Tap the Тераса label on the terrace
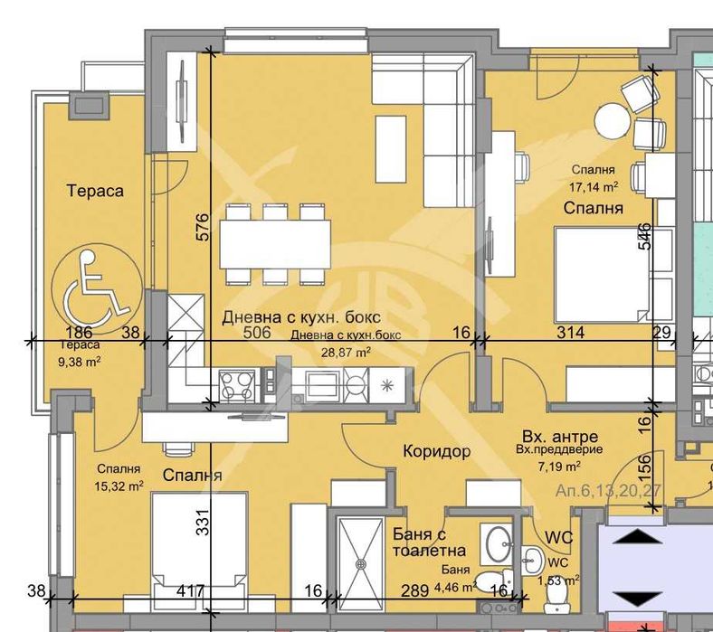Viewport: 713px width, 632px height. tap(95, 191)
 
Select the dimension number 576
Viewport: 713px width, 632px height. tap(204, 227)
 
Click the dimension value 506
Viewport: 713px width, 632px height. tap(257, 333)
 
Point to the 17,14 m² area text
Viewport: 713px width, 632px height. tap(594, 186)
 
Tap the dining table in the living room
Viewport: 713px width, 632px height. tap(276, 244)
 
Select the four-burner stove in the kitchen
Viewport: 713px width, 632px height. tap(236, 385)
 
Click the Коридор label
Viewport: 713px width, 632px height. tap(436, 451)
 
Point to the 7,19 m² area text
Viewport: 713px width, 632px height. tap(559, 466)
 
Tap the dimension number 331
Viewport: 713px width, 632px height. tap(204, 522)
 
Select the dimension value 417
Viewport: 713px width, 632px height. tap(191, 590)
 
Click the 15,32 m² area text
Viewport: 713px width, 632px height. tap(119, 486)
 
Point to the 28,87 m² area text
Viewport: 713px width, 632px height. tap(346, 351)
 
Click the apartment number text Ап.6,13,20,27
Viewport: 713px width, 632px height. tap(608, 491)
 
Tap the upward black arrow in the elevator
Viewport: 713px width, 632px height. tap(637, 536)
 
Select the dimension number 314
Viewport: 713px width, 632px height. tap(571, 333)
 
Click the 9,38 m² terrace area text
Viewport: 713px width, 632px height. tap(80, 362)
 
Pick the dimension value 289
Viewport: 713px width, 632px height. tap(415, 590)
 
